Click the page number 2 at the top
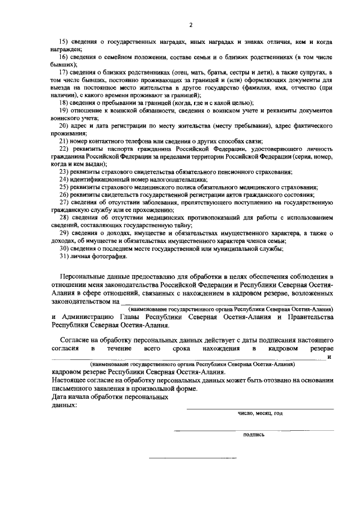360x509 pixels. pyautogui.click(x=191, y=25)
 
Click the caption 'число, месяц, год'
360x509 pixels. pyautogui.click(x=260, y=413)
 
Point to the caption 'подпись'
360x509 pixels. pyautogui.click(x=254, y=434)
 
